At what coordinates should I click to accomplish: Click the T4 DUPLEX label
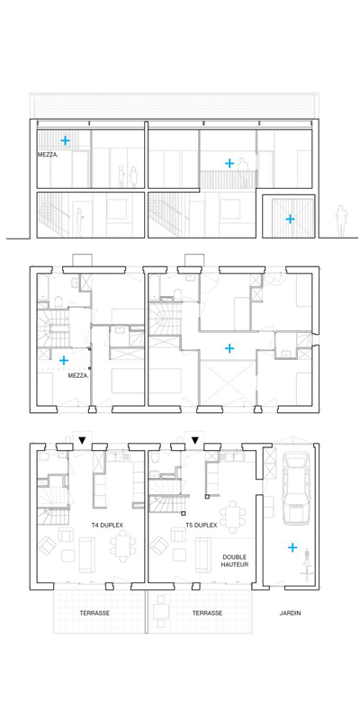[x=108, y=525]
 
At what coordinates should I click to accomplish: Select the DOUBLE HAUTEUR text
[x=235, y=560]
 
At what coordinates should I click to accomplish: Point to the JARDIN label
[x=290, y=613]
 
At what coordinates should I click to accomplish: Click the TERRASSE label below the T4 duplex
[x=94, y=613]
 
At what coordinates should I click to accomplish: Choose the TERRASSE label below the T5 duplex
[x=208, y=613]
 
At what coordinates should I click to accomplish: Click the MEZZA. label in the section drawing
[x=47, y=155]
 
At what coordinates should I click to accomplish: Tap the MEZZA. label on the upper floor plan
[x=77, y=375]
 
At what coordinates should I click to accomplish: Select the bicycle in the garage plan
[x=304, y=565]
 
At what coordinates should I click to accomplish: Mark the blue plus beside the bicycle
[x=291, y=547]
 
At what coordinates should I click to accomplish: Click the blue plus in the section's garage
[x=290, y=219]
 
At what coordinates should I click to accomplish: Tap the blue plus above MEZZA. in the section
[x=66, y=140]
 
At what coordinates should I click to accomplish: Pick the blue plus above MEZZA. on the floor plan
[x=64, y=361]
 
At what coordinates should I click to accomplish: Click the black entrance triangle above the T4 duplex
[x=82, y=440]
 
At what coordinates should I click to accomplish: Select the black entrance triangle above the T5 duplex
[x=195, y=440]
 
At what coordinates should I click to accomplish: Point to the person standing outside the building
[x=340, y=220]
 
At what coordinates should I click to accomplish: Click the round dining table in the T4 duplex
[x=122, y=546]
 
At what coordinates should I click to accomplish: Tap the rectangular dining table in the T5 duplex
[x=234, y=517]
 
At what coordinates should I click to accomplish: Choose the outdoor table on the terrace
[x=160, y=612]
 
